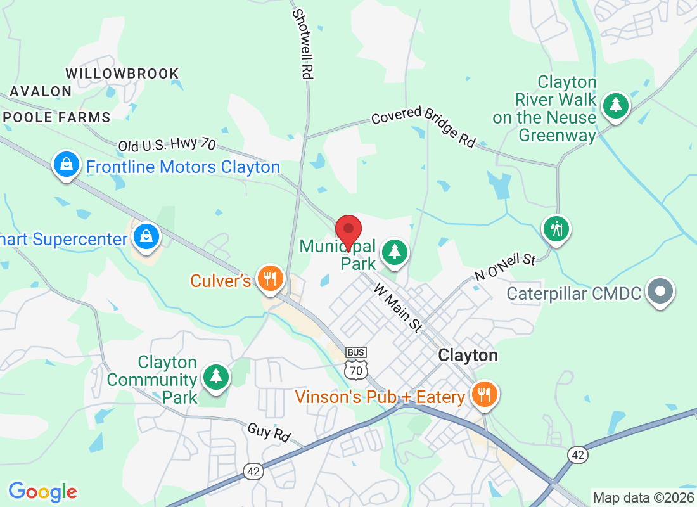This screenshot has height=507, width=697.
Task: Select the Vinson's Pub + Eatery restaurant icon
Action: (485, 394)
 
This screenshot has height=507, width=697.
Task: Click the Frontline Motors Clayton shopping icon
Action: (66, 165)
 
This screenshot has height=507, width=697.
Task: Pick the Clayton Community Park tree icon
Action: (216, 376)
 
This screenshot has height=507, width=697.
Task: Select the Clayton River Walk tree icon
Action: (615, 105)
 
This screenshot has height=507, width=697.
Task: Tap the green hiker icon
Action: (557, 228)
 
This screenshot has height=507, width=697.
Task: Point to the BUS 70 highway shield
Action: (357, 363)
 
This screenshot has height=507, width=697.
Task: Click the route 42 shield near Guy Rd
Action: (252, 470)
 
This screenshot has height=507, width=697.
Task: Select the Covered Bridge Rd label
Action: (423, 127)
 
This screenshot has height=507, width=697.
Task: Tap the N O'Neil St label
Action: (506, 268)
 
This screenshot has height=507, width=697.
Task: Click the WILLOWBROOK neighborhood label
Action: (122, 74)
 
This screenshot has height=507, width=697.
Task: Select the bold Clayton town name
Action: (468, 355)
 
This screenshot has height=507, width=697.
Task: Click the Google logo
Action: (43, 491)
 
